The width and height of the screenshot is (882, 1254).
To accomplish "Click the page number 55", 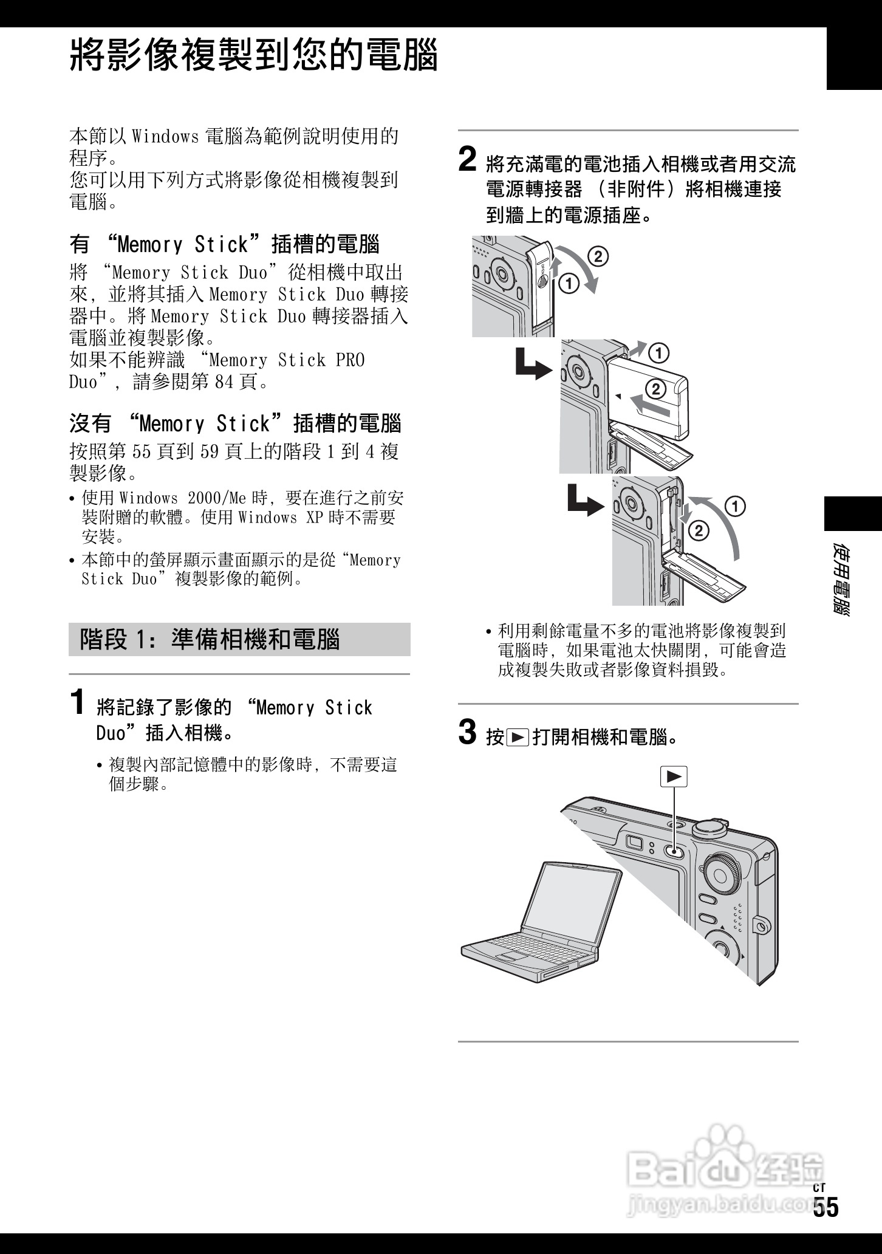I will tap(826, 1224).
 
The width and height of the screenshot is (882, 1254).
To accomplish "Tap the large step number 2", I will tap(467, 159).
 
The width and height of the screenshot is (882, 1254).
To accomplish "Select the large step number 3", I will tap(467, 731).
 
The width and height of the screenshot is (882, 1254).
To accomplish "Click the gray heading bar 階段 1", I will tap(239, 639).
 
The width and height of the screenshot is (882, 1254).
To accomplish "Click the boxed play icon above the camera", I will tap(674, 776).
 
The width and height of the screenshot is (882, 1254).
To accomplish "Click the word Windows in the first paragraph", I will tap(165, 136).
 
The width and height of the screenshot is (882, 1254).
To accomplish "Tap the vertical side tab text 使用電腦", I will tap(841, 580).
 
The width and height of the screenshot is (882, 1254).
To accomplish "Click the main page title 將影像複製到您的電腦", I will tap(254, 56).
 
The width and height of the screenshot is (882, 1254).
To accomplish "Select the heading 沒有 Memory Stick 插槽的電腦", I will tap(235, 423).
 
